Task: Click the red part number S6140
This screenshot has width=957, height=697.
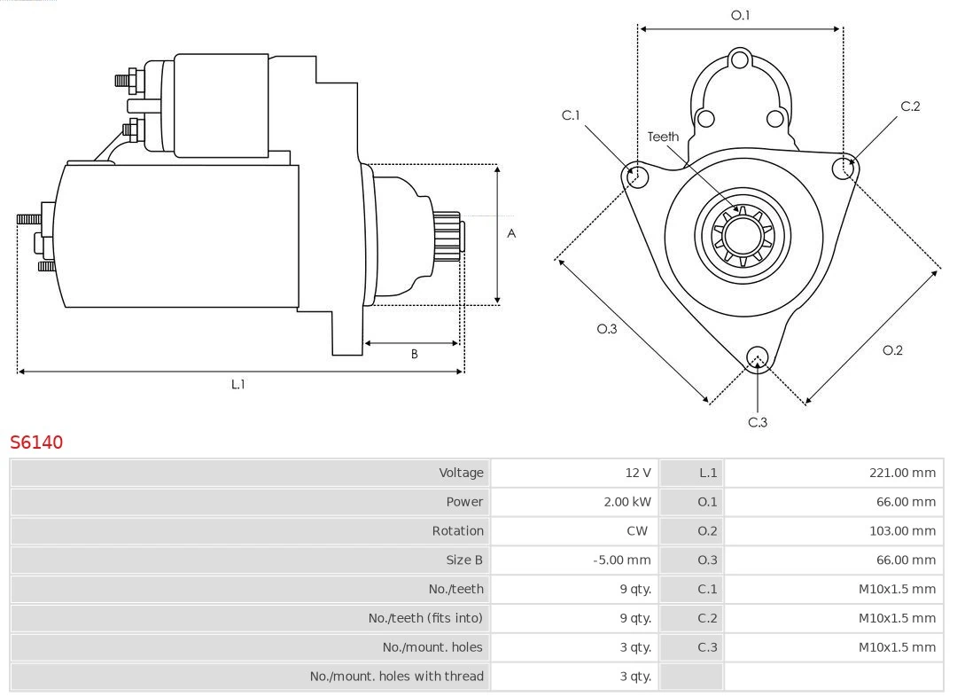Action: (36, 442)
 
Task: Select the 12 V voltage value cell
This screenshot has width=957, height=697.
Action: (637, 473)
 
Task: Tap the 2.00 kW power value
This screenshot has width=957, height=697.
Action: (626, 502)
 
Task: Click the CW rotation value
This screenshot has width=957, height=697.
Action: (637, 531)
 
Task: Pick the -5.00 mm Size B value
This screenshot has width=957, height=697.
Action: (621, 560)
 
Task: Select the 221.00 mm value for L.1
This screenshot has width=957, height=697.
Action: (901, 473)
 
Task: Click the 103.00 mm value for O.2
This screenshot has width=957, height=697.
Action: (901, 531)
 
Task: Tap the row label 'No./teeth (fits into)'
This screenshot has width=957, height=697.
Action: (425, 618)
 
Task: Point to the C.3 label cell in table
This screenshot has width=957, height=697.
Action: (707, 647)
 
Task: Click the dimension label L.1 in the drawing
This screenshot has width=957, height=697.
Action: (237, 385)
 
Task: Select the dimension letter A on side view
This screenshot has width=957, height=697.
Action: (511, 234)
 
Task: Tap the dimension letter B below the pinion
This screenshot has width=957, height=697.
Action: (414, 355)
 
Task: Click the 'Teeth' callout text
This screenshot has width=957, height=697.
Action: (663, 137)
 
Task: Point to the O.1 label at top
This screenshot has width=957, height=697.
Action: (740, 15)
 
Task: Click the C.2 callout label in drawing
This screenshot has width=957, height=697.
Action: (910, 106)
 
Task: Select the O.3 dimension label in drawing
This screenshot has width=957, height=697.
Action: (606, 329)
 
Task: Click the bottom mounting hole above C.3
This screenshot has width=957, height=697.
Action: (757, 357)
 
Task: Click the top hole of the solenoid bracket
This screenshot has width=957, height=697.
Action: (740, 61)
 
